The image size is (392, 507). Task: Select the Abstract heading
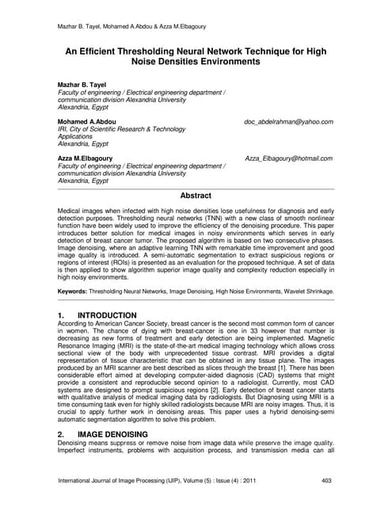pos(196,195)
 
